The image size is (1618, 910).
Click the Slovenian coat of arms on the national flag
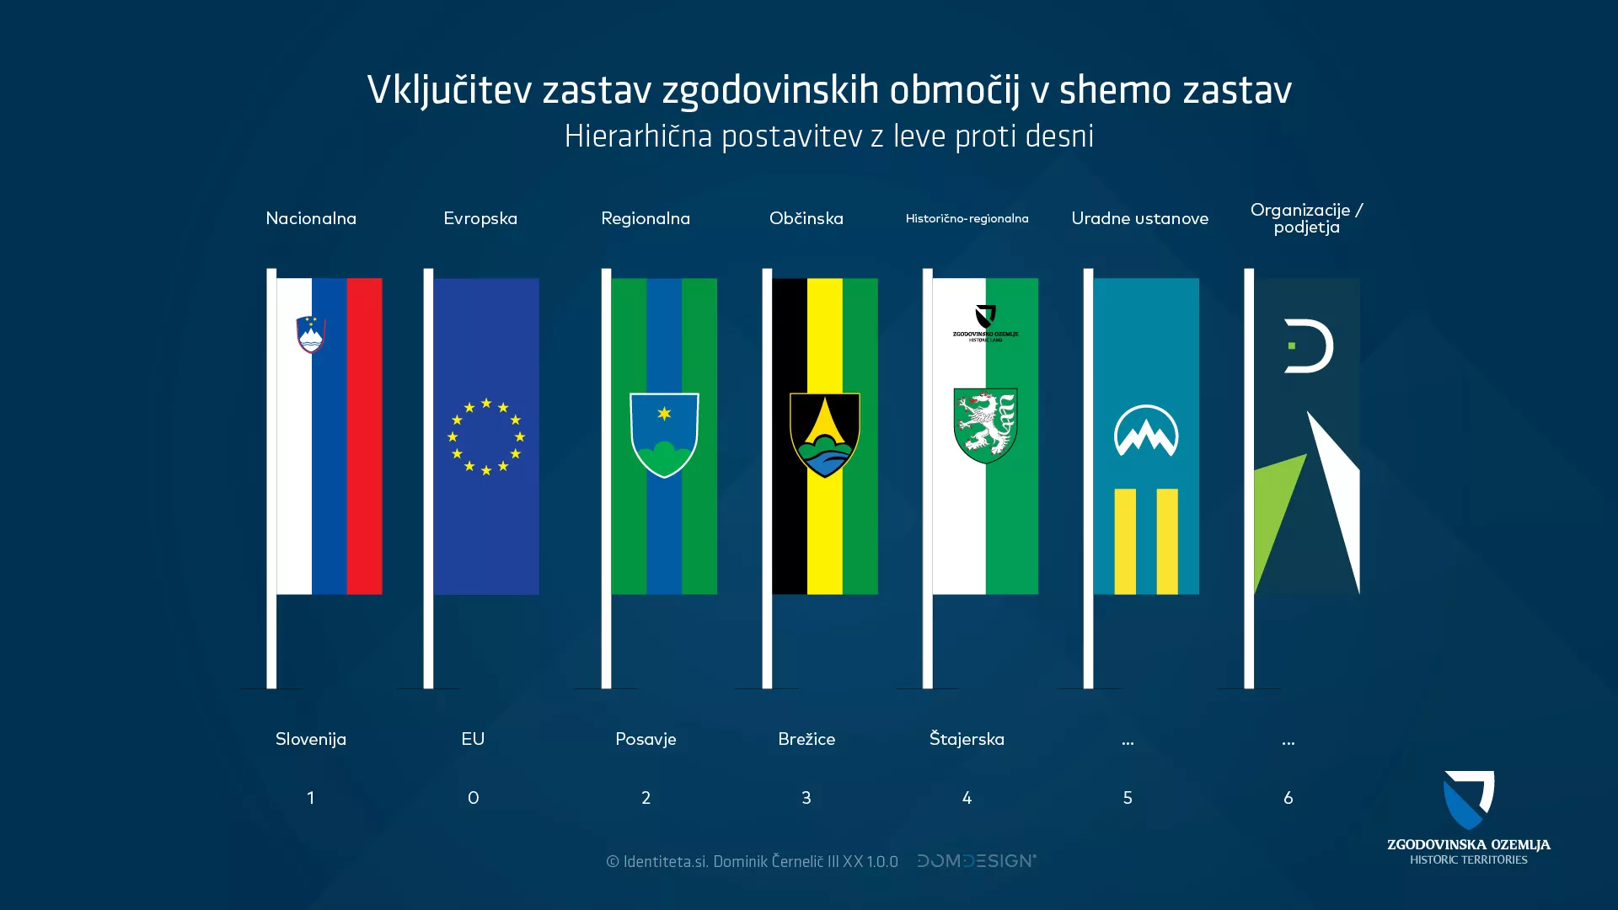(311, 335)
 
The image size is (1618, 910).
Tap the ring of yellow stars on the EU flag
(486, 436)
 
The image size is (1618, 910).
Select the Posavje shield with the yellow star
(664, 435)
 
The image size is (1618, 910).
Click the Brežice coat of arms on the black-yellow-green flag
(824, 434)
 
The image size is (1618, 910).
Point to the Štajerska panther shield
(985, 425)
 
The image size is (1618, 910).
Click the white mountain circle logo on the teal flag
(1146, 431)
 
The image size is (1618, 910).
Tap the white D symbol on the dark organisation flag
(1308, 345)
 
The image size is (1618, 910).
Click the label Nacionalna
(311, 218)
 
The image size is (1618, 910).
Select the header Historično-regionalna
(967, 218)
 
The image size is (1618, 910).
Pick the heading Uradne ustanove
(1139, 218)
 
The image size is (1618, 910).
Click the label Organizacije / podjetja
(1306, 218)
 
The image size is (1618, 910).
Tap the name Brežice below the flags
(806, 739)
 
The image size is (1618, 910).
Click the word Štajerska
(967, 739)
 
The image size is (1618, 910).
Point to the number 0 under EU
(473, 797)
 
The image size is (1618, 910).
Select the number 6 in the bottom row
(1288, 797)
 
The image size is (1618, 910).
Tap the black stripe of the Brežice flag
(790, 522)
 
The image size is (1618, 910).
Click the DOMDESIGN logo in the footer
(977, 860)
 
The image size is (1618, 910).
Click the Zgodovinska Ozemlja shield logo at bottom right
(1469, 800)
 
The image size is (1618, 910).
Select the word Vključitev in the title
(448, 90)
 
